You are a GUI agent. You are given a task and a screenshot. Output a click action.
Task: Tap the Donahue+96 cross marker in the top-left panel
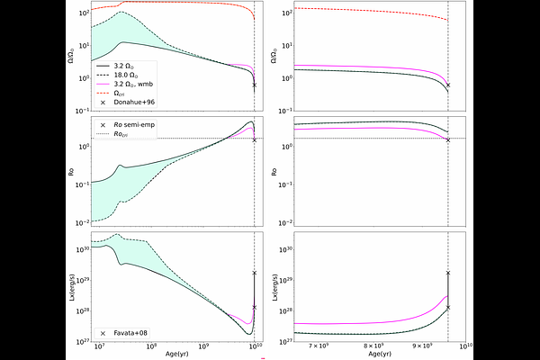coord(255,85)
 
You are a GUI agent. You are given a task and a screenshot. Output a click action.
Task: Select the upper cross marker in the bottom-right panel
coord(448,273)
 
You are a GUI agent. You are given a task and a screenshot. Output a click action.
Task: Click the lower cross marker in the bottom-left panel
coord(255,307)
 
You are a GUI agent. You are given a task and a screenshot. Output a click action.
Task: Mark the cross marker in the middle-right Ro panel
coord(448,139)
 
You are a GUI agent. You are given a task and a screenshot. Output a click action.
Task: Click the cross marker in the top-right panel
coord(448,85)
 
